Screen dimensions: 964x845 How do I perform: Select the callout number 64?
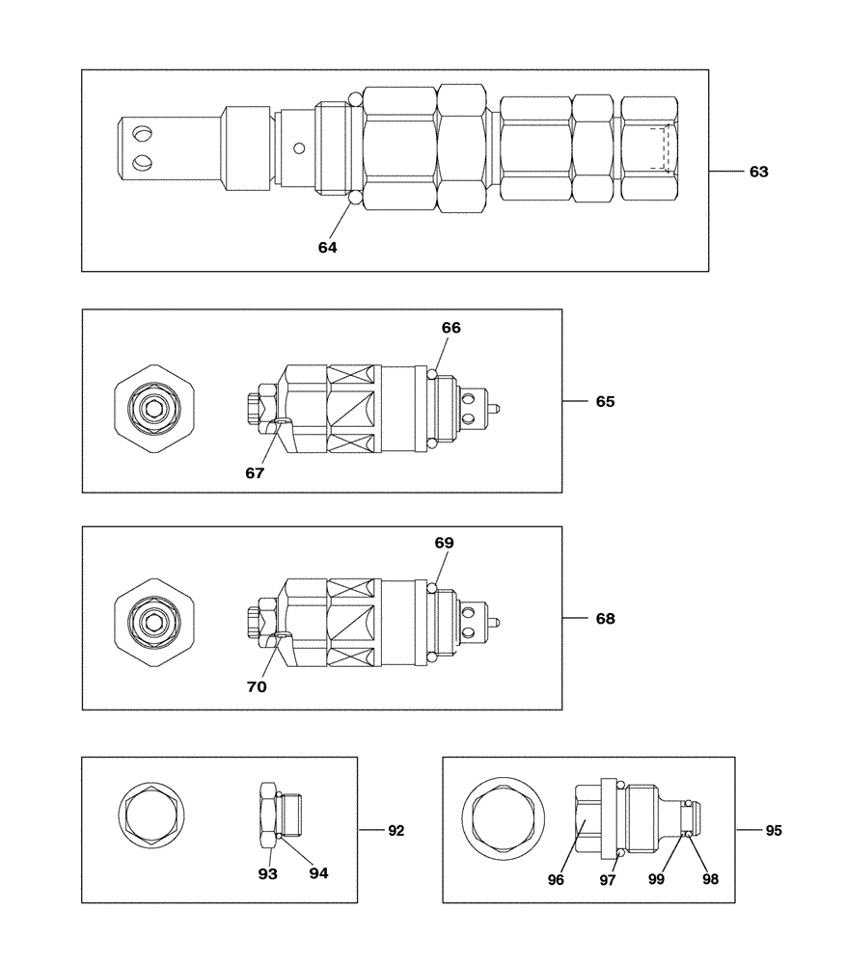[x=328, y=247]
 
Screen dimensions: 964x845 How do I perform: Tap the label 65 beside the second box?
[x=604, y=401]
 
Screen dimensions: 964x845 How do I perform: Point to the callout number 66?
[x=450, y=328]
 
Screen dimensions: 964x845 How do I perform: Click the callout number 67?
[x=255, y=473]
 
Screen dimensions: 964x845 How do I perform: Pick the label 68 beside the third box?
[x=604, y=619]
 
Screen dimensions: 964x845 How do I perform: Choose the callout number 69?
[x=444, y=543]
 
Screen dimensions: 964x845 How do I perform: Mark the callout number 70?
[x=257, y=687]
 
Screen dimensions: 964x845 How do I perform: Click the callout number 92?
[x=395, y=829]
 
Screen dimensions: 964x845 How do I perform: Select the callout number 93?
[x=267, y=873]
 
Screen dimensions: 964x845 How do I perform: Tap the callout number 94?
[x=318, y=873]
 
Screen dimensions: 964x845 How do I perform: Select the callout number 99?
[x=656, y=879]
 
